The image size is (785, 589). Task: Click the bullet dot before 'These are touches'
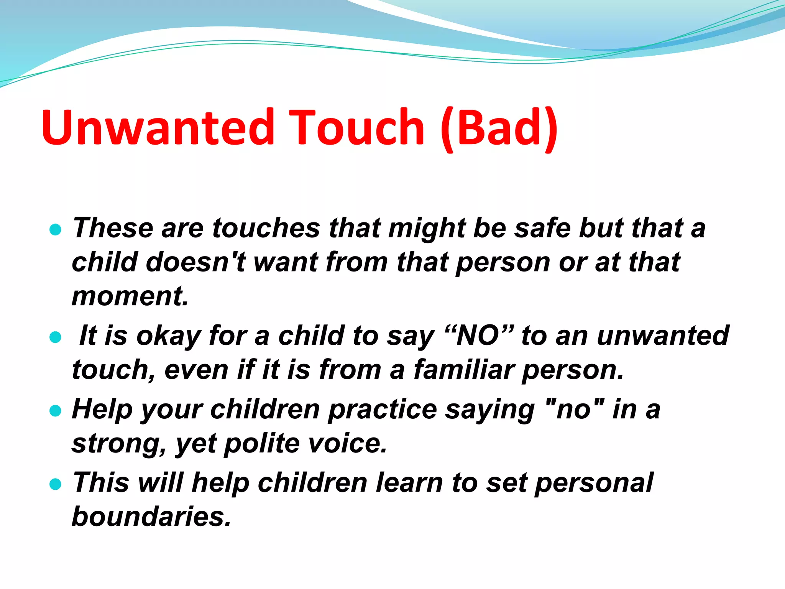point(56,229)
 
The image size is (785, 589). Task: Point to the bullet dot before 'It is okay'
point(56,337)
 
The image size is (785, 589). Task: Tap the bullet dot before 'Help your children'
point(56,411)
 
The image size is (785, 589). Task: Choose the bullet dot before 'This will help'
point(56,484)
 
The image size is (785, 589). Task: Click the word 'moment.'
point(130,296)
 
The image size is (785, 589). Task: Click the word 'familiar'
point(464,370)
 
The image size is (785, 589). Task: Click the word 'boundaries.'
point(152,516)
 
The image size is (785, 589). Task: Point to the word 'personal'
point(594,483)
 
